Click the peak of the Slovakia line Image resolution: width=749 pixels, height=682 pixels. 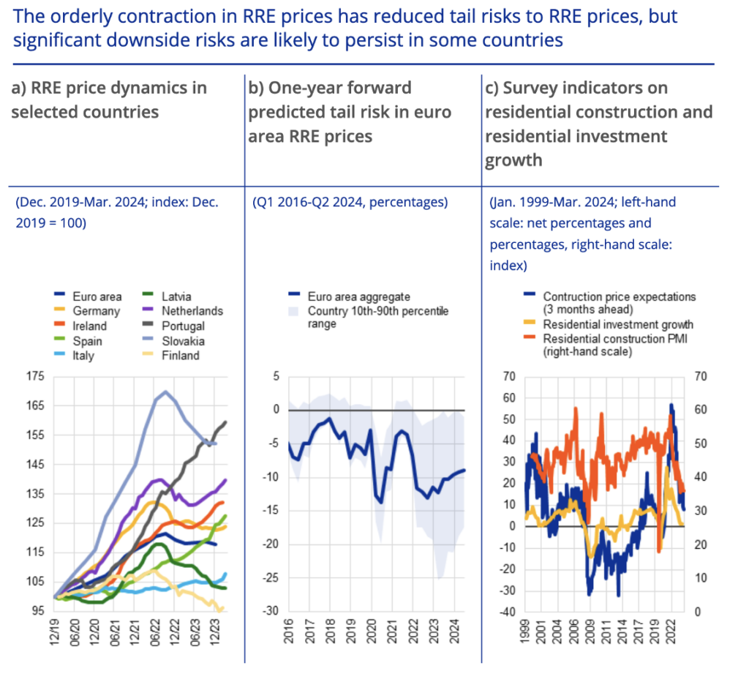click(x=165, y=391)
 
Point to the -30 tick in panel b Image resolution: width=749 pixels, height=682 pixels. click(x=271, y=611)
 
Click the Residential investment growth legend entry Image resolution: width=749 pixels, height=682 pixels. click(x=617, y=324)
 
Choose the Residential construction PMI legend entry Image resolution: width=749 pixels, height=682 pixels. click(x=617, y=345)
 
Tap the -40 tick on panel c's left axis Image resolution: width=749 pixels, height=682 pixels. click(x=508, y=611)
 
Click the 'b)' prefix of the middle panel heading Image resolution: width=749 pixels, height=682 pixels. click(x=256, y=88)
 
